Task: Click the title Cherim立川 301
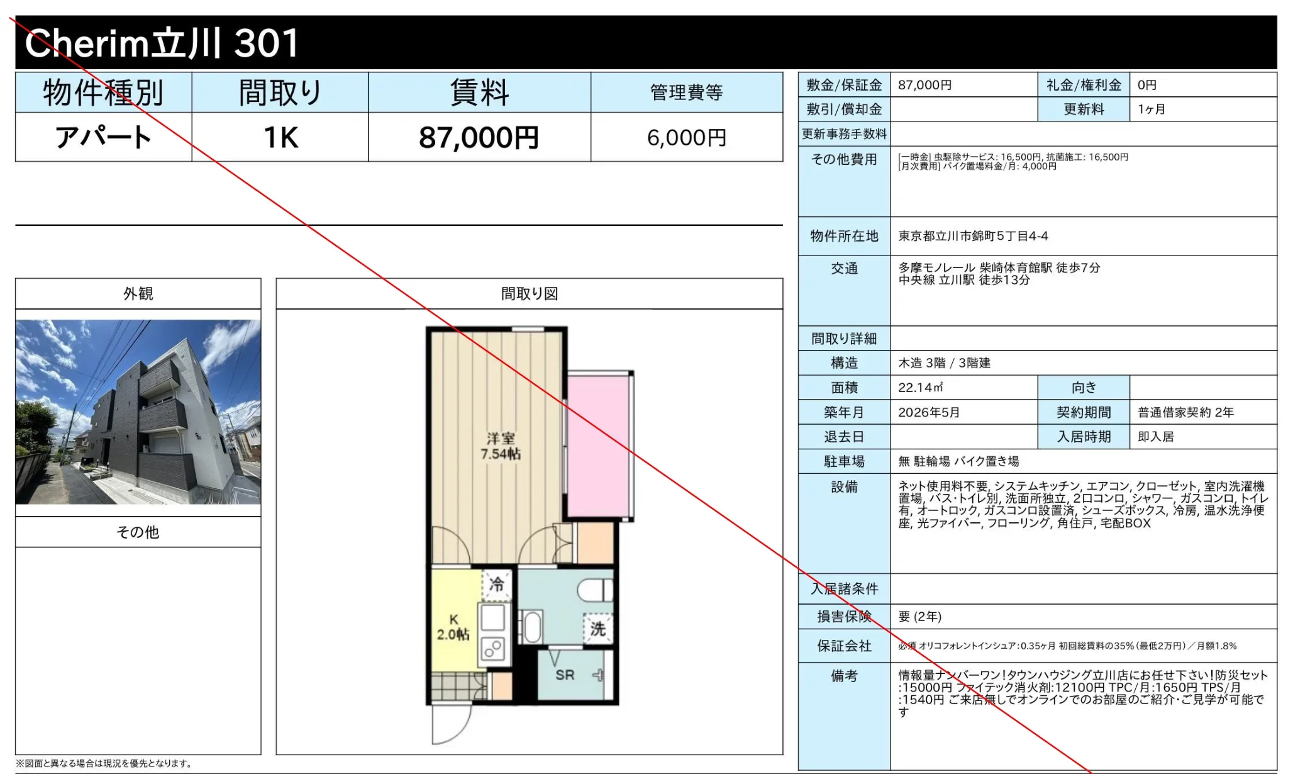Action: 162,43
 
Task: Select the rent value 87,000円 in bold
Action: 479,137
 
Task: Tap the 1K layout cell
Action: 280,137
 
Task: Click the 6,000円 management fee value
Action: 687,138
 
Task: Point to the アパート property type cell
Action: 104,137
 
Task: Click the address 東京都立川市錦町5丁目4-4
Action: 973,236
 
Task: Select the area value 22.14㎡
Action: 920,388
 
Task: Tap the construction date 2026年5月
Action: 929,412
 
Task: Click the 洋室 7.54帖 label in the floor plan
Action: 501,446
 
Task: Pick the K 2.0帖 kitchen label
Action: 453,627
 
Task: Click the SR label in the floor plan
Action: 565,675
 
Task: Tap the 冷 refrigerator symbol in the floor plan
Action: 497,585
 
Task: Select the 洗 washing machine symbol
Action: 597,629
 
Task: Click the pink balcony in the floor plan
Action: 599,446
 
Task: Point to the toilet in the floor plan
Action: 595,591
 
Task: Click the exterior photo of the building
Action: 138,412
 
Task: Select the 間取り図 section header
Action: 530,294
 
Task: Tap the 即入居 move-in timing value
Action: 1156,437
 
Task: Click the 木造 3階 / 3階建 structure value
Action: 944,363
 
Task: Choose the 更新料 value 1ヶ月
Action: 1151,109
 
